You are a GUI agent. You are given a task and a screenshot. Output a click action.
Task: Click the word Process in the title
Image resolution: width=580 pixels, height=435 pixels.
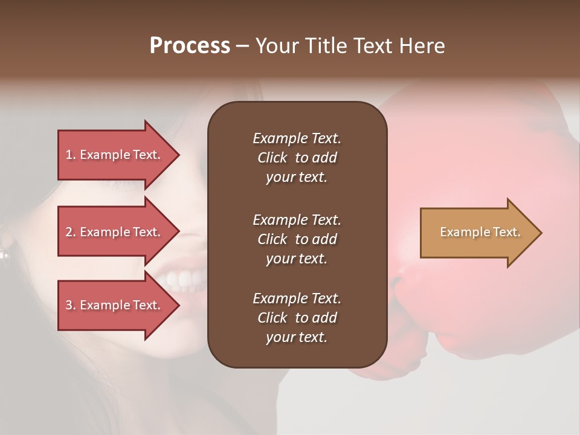[x=190, y=46]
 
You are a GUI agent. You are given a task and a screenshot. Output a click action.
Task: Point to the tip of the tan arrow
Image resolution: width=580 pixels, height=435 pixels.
[x=541, y=233]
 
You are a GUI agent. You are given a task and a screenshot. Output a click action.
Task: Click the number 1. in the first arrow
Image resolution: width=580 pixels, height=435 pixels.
[x=71, y=155]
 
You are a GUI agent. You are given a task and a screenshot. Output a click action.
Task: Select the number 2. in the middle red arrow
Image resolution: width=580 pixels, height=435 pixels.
[x=71, y=232]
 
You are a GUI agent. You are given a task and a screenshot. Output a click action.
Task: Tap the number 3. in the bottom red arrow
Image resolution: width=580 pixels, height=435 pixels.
[x=71, y=305]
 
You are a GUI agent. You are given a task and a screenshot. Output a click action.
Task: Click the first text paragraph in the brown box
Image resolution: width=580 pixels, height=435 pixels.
[x=297, y=158]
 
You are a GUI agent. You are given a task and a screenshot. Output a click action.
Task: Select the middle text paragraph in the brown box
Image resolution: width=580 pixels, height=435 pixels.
[x=297, y=239]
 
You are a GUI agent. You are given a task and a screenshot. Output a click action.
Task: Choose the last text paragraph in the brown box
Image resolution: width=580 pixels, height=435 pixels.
[x=297, y=318]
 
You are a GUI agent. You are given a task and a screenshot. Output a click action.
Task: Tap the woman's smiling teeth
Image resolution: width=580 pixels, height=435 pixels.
[x=184, y=279]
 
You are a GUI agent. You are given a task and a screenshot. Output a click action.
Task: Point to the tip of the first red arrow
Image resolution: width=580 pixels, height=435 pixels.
[x=178, y=155]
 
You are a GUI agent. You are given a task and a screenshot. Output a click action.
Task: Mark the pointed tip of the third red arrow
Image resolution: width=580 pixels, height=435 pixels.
[x=178, y=305]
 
